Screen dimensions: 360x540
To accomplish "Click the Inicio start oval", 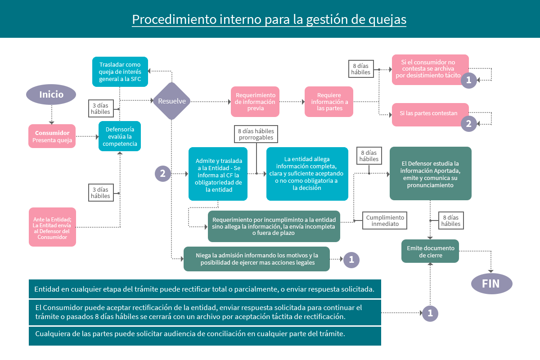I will click(x=51, y=94).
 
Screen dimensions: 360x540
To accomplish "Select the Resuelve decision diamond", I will click(x=172, y=101).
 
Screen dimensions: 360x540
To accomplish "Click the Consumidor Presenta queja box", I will click(x=52, y=136).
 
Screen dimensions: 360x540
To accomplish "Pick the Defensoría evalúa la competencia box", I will click(x=120, y=136).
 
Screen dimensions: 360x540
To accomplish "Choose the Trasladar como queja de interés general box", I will click(x=120, y=72).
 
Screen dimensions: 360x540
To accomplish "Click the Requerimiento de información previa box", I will click(x=255, y=102).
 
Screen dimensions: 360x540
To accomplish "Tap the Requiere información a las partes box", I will click(x=329, y=102).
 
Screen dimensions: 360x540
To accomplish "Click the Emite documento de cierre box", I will click(x=430, y=251).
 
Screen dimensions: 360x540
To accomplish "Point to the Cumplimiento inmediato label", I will click(x=385, y=220).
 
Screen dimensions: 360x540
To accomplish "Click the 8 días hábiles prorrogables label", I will click(x=256, y=134).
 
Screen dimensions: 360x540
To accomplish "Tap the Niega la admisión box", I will click(x=256, y=259).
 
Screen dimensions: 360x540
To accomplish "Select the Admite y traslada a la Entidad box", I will click(x=218, y=174).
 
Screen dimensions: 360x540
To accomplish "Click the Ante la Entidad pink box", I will click(x=52, y=227).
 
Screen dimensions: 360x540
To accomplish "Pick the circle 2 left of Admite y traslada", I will click(x=163, y=173).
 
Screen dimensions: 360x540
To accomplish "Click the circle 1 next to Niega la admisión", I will click(x=351, y=259).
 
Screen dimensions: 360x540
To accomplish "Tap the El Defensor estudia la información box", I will click(x=430, y=173).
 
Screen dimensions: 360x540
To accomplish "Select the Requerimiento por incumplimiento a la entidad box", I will click(x=274, y=226).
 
